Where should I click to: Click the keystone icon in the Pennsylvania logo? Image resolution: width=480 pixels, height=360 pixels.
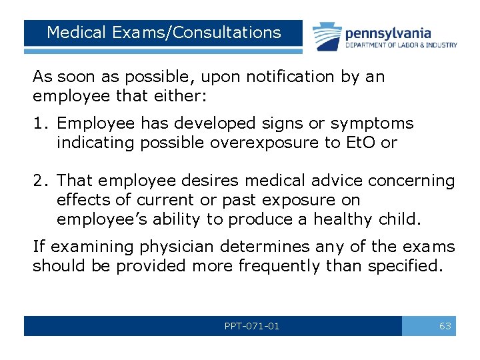327,35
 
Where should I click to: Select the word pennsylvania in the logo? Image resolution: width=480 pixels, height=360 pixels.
387,33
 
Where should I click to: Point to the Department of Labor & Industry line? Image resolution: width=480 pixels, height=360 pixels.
401,45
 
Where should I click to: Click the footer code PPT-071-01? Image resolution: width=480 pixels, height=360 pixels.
252,326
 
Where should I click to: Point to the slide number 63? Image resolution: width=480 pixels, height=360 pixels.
445,326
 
